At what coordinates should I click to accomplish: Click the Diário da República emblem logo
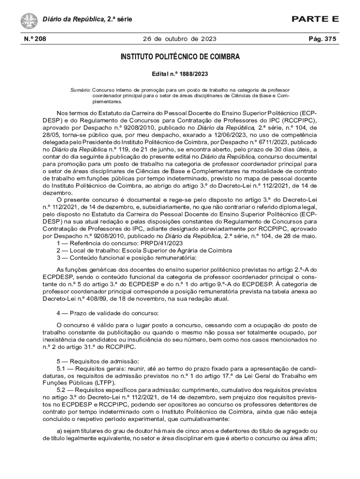[x=29, y=20]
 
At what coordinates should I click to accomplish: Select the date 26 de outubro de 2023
[x=180, y=39]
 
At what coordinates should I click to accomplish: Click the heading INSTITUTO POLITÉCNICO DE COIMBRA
[x=180, y=57]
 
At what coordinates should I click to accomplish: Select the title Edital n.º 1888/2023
[x=180, y=74]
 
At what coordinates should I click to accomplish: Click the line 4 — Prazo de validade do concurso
[x=108, y=312]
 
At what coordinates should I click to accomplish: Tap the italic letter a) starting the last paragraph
[x=59, y=431]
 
